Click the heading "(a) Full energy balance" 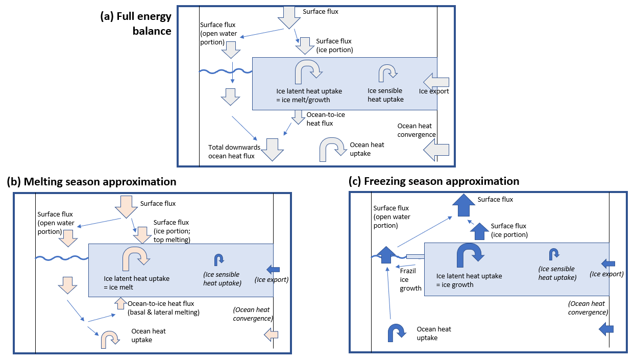click(x=136, y=23)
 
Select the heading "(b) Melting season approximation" click(x=91, y=182)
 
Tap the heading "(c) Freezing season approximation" click(x=433, y=181)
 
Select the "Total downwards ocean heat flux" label click(x=234, y=152)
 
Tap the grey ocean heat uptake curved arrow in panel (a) click(x=333, y=149)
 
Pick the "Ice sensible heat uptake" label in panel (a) click(x=385, y=95)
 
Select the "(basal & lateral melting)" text click(x=163, y=313)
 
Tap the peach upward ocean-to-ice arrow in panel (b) click(x=120, y=303)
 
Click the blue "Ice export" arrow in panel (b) click(x=273, y=269)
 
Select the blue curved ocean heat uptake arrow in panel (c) click(x=397, y=331)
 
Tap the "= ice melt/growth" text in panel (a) click(x=303, y=100)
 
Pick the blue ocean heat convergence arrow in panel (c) click(x=605, y=329)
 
